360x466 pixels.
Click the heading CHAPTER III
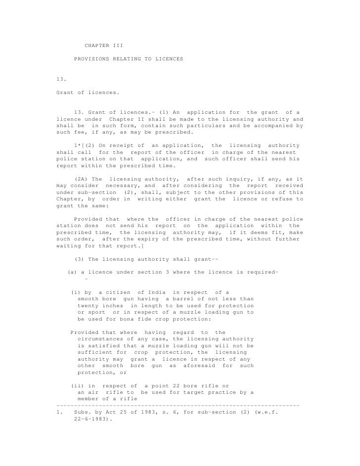coord(104,46)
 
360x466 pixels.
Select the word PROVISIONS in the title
coord(91,59)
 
